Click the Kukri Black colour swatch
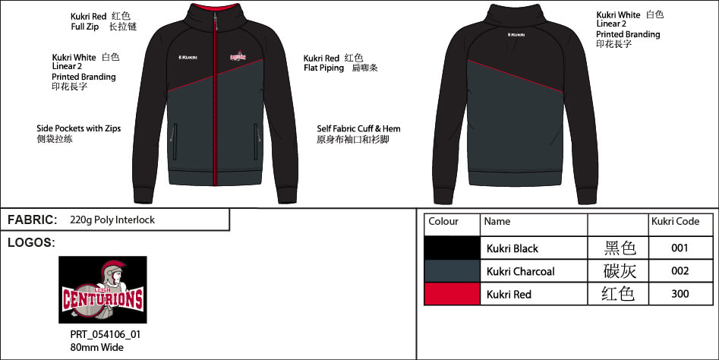[452, 248]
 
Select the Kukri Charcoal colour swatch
[452, 271]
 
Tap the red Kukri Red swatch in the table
[452, 294]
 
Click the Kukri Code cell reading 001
[680, 248]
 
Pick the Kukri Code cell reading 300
[680, 294]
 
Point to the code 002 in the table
[680, 271]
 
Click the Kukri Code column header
[676, 222]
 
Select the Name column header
[497, 222]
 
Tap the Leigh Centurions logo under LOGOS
[102, 290]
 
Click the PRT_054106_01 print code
[106, 334]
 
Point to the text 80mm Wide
[96, 348]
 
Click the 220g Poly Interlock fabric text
[112, 220]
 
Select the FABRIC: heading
[33, 220]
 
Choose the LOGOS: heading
[31, 242]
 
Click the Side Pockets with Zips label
[79, 128]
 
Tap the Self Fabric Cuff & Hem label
[358, 129]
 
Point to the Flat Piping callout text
[323, 68]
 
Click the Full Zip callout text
[85, 27]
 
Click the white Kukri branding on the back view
[516, 35]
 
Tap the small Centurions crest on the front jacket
[238, 56]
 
